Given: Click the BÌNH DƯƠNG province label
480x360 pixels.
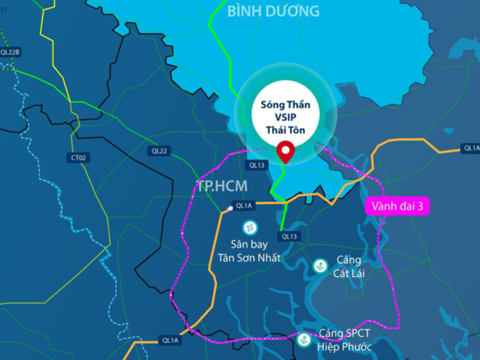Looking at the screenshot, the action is (x=273, y=12).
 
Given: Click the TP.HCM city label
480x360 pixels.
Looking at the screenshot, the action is (x=220, y=184).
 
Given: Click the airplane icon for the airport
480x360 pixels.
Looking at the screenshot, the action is (x=247, y=226).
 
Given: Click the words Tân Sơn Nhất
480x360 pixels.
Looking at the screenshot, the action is (x=249, y=257).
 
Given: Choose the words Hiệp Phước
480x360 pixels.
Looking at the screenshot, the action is (x=344, y=348).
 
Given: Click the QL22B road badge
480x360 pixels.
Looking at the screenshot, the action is (x=11, y=52).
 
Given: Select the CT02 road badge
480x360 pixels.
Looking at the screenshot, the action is (x=79, y=157).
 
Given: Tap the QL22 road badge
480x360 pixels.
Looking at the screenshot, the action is (x=159, y=150).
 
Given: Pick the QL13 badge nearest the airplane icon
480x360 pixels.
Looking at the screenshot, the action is (x=288, y=236).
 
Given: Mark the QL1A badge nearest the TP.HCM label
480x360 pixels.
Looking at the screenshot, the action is (x=242, y=205).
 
